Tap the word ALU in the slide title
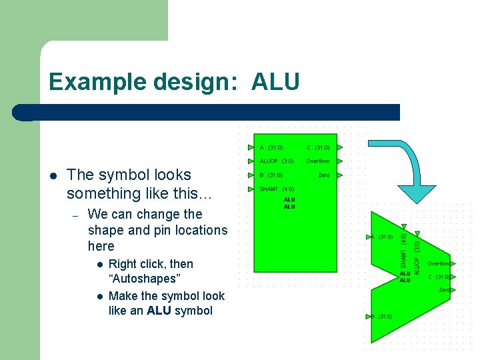[x=276, y=82]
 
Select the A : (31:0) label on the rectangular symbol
[x=271, y=147]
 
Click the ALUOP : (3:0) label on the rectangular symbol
[x=276, y=161]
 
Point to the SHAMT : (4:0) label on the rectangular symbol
[x=277, y=189]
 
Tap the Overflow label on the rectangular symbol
[x=318, y=161]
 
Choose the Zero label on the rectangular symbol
[x=323, y=175]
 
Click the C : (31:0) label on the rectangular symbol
[x=318, y=147]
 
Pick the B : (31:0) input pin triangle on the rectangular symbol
[x=251, y=175]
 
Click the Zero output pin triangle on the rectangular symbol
[x=340, y=175]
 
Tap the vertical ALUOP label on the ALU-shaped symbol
[x=417, y=257]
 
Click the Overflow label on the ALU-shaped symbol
[x=439, y=264]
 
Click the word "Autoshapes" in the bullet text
[x=144, y=279]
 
